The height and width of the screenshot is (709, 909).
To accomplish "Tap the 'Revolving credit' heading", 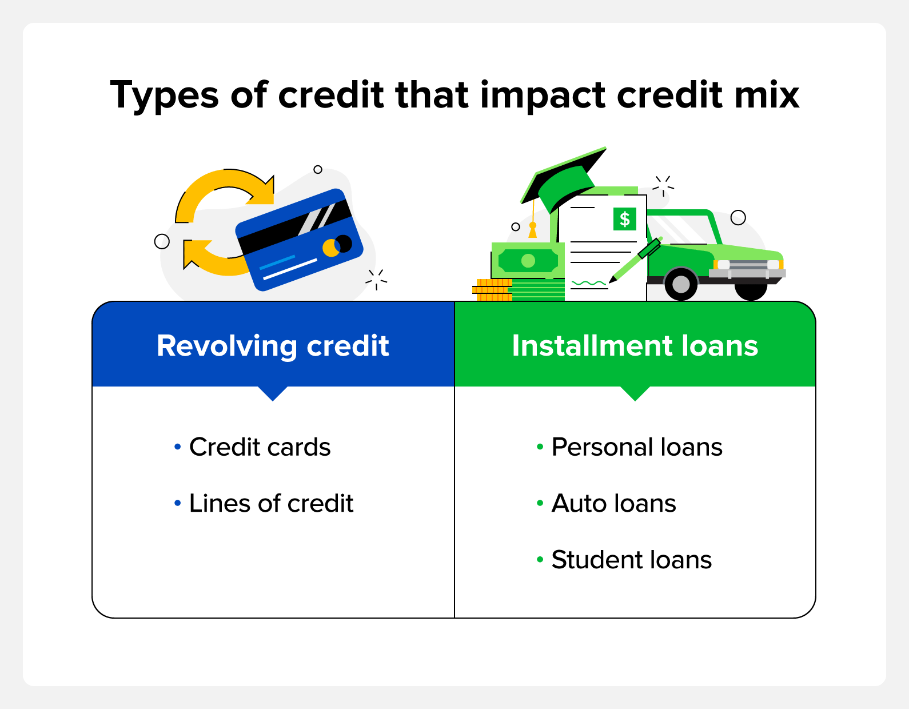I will (x=273, y=346).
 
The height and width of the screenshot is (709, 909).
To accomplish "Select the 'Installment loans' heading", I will (x=635, y=346).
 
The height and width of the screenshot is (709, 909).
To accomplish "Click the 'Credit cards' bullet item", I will (x=260, y=447).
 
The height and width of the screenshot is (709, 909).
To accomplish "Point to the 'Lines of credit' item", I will (x=271, y=504).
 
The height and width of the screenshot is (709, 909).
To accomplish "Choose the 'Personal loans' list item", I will (x=636, y=447).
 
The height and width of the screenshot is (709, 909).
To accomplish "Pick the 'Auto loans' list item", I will (x=613, y=504).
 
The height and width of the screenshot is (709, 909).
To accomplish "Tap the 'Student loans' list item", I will (x=631, y=560).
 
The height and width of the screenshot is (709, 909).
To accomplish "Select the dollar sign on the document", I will (x=624, y=219).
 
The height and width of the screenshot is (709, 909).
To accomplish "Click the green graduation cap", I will (x=563, y=183).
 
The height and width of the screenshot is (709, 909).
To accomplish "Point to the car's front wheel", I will (x=680, y=284).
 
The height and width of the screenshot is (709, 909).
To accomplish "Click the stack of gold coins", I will (x=492, y=290).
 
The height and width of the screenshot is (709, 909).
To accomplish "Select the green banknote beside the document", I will (x=528, y=261).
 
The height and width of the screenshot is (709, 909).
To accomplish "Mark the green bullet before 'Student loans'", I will (x=540, y=560).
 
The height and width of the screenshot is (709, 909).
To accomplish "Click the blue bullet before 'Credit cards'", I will (x=177, y=447).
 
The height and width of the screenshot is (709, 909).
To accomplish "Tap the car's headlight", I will (x=724, y=265).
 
